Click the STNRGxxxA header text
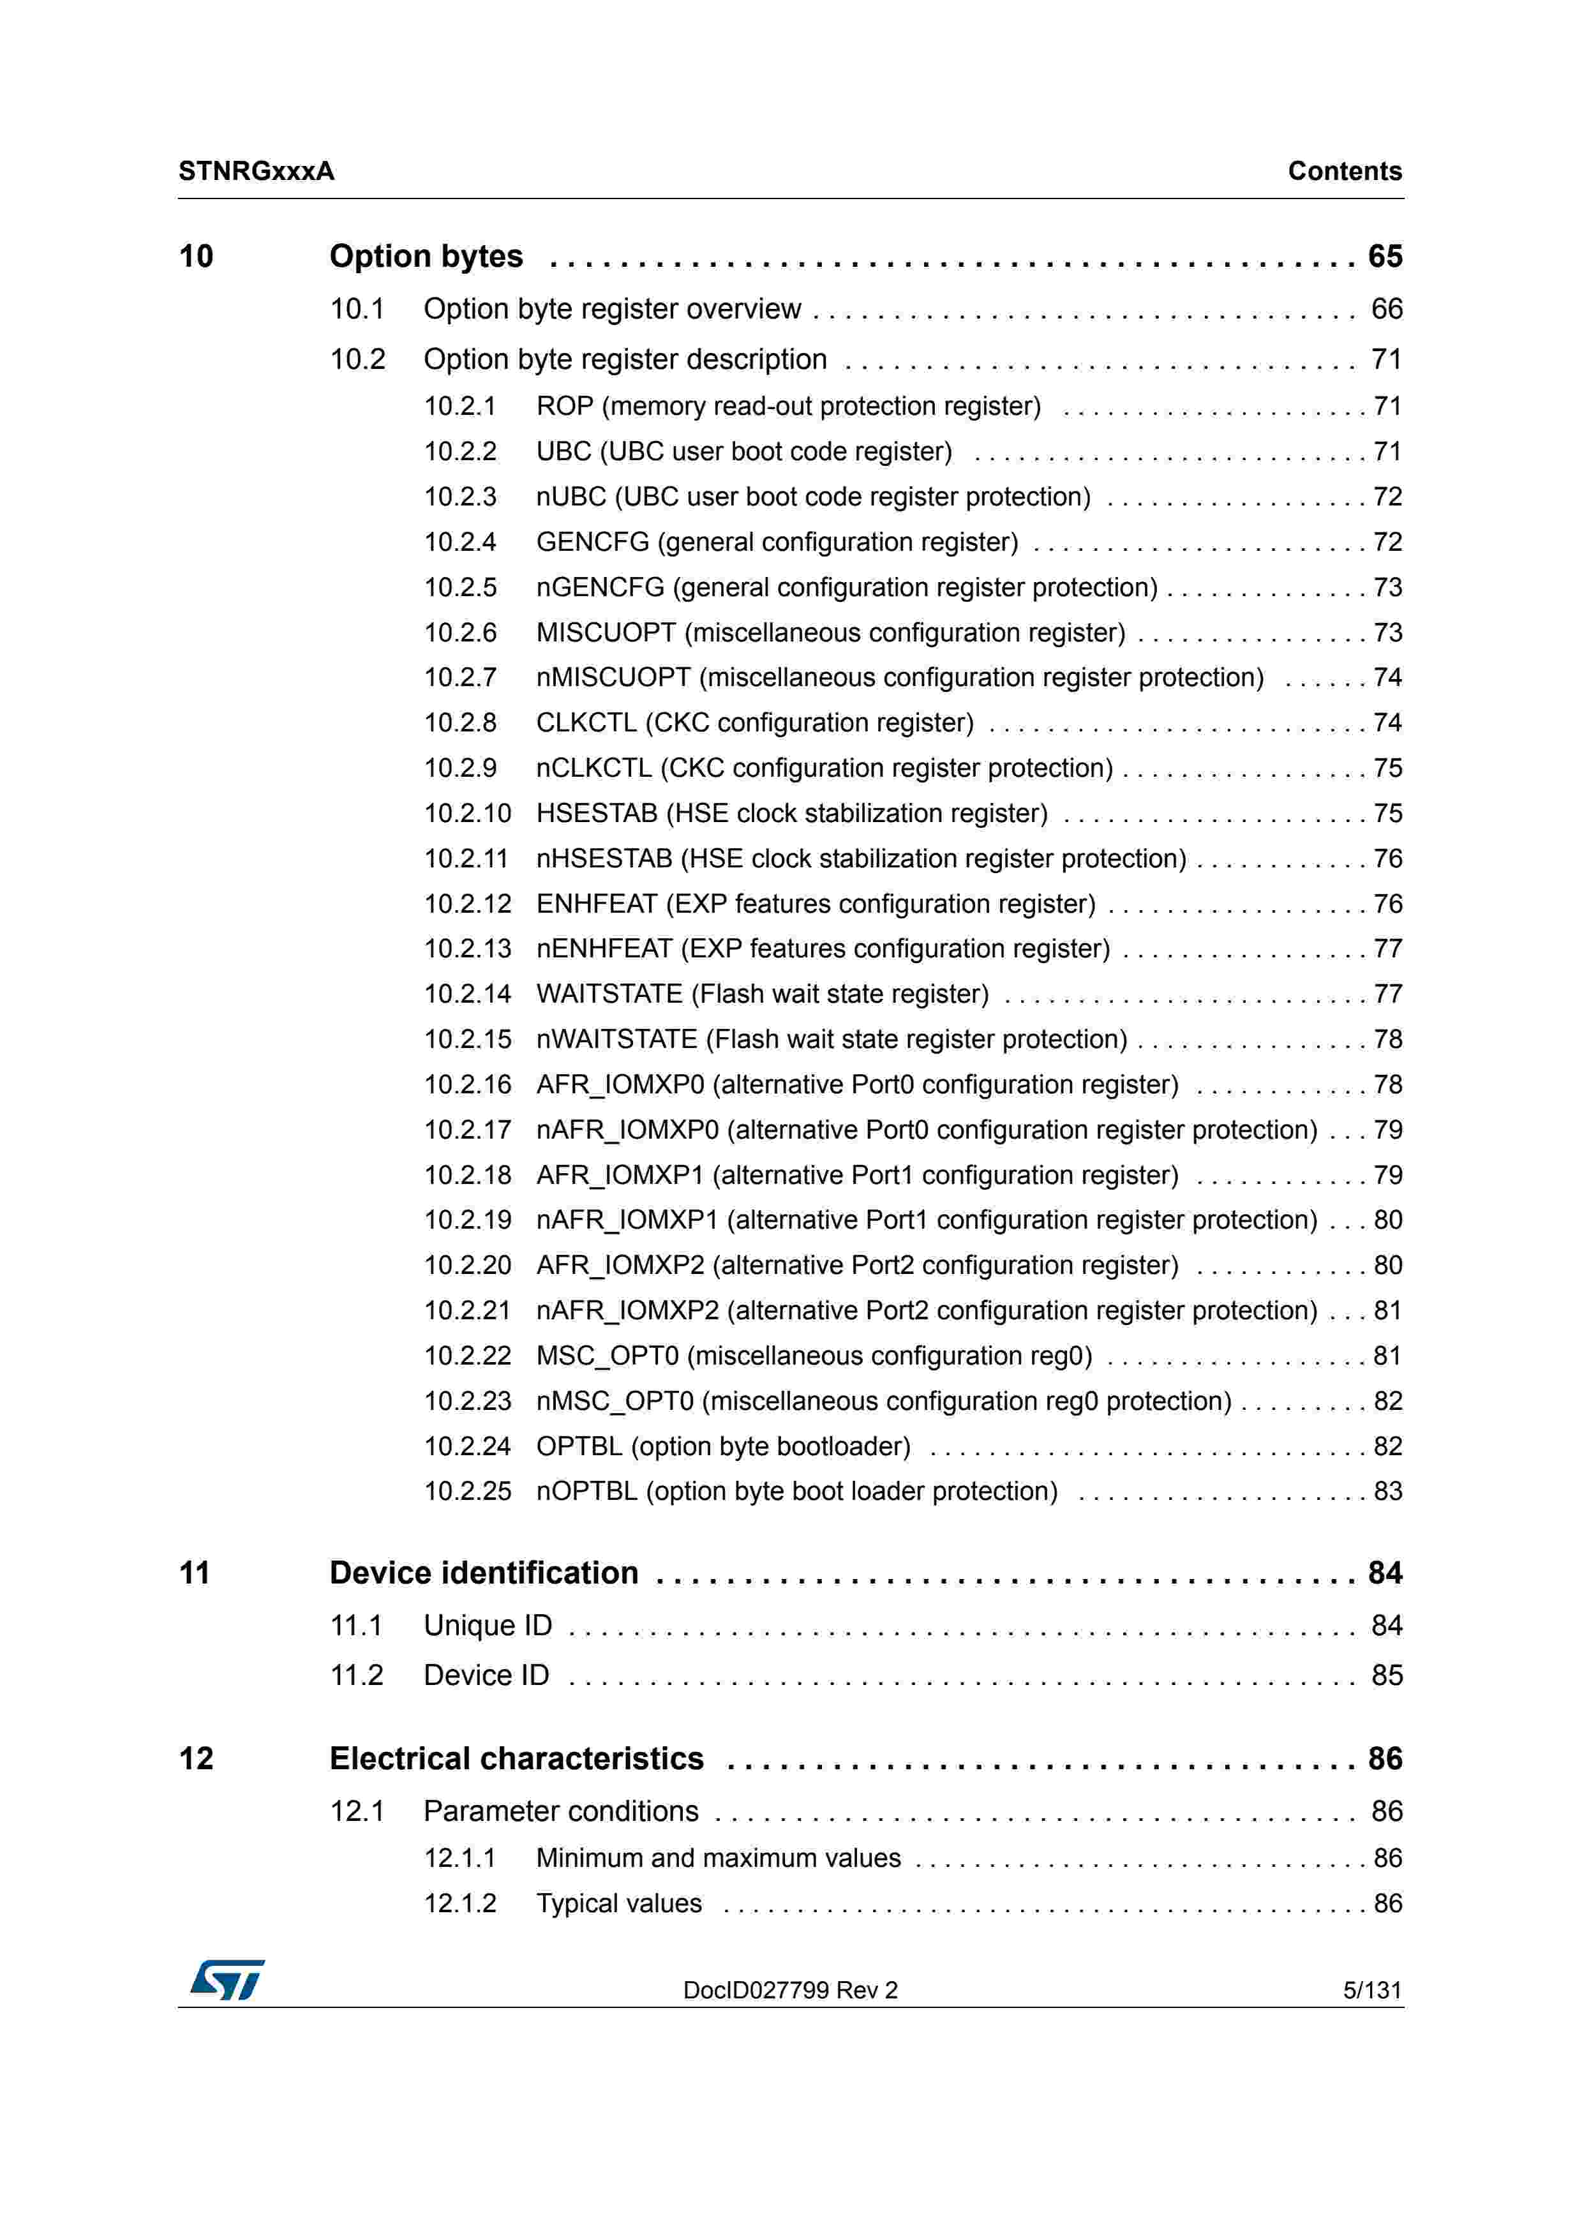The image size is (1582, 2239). tap(257, 172)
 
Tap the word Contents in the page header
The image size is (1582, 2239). tap(1344, 172)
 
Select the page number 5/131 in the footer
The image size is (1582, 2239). tap(1371, 1990)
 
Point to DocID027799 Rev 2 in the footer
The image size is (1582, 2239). tap(789, 1990)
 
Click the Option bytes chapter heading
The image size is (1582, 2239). tap(426, 257)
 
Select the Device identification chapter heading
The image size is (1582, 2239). tap(484, 1573)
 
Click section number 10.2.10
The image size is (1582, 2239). tap(467, 813)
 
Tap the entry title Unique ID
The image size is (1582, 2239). tap(488, 1626)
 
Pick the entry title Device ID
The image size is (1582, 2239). tap(486, 1675)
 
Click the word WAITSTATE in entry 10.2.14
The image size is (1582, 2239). tap(609, 994)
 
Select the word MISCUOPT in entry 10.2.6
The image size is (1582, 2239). tap(606, 633)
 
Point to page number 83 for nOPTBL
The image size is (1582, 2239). tap(1387, 1491)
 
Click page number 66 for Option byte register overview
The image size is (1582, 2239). tap(1386, 309)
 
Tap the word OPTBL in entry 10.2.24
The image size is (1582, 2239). tap(579, 1446)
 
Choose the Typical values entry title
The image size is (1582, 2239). tap(619, 1903)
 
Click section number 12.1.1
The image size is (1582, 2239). tap(459, 1859)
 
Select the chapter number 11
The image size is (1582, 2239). tap(195, 1573)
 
